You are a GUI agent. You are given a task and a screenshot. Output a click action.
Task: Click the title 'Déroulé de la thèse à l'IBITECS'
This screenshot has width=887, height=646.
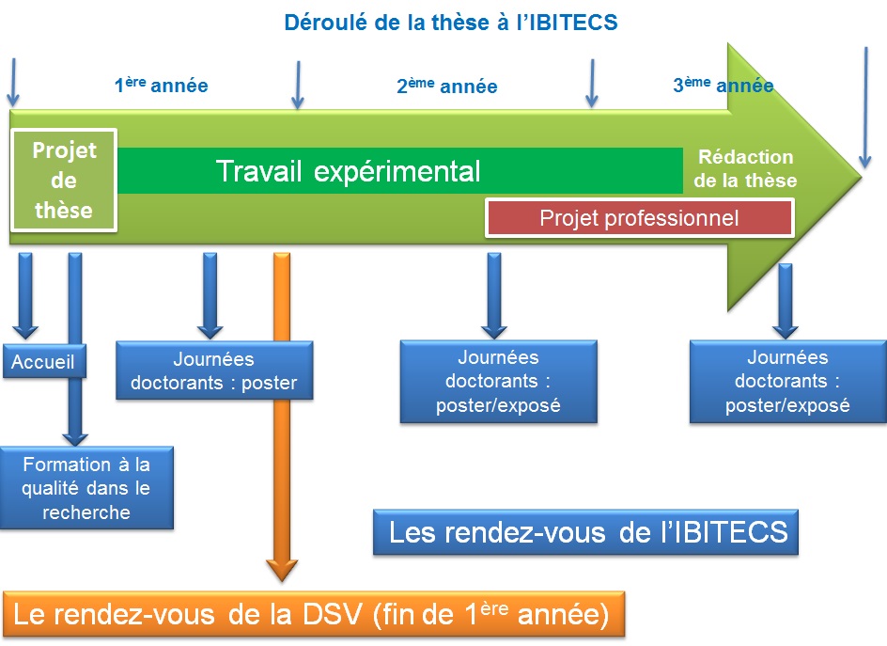(x=451, y=22)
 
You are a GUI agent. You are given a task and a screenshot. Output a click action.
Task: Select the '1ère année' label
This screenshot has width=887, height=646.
(x=161, y=86)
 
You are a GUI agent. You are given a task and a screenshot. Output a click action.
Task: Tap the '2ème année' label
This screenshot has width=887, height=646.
(x=446, y=87)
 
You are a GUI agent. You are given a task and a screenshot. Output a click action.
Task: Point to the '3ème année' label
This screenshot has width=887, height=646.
(x=723, y=86)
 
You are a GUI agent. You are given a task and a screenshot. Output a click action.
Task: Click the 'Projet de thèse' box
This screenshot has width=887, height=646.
(x=64, y=180)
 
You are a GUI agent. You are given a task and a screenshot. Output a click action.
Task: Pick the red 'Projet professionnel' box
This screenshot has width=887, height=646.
(x=639, y=218)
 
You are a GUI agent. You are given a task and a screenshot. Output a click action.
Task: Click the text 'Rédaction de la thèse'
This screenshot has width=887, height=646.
(x=746, y=168)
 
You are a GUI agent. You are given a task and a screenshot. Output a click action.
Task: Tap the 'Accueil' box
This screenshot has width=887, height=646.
(x=43, y=362)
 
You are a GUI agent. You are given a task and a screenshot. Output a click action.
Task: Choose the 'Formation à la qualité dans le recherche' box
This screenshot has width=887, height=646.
(x=86, y=487)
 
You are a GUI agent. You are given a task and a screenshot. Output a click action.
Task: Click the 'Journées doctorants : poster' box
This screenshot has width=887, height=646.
(x=213, y=370)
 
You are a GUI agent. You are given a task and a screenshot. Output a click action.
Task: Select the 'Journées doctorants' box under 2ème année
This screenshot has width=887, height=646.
(x=498, y=381)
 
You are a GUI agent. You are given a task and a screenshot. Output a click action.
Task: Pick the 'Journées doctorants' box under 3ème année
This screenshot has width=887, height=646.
(x=787, y=381)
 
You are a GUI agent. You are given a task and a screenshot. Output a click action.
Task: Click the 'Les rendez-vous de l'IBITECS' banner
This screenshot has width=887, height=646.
(x=587, y=533)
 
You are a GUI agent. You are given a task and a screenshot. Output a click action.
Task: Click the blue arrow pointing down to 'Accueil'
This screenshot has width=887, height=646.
(x=25, y=293)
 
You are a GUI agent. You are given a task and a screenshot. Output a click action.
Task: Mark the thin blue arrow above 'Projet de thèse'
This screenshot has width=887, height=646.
(x=13, y=83)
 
